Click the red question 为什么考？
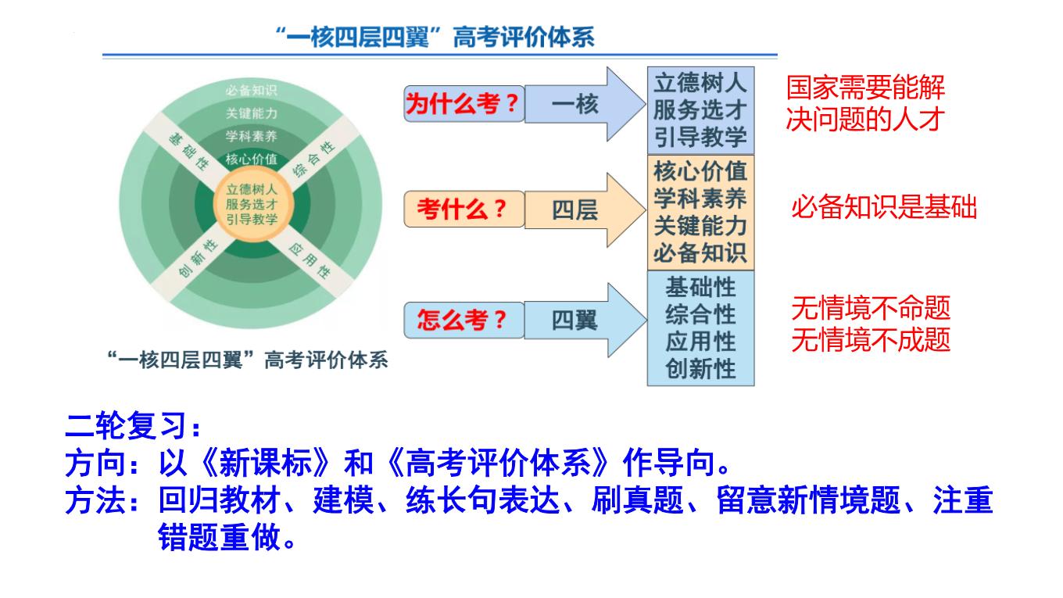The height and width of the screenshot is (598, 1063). [x=461, y=103]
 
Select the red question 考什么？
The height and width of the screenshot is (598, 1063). [x=461, y=209]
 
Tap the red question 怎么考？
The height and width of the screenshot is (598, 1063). [x=461, y=320]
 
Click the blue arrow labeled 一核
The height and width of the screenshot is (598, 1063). [x=585, y=104]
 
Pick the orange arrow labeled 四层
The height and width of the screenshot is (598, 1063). [x=585, y=209]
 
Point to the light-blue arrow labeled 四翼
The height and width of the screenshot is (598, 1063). [x=585, y=320]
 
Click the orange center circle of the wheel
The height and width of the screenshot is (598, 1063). [x=252, y=204]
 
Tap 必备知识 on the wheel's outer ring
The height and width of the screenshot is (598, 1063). [x=252, y=90]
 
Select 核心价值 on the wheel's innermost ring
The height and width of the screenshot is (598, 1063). [x=252, y=159]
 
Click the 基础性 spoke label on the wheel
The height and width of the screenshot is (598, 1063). [x=189, y=152]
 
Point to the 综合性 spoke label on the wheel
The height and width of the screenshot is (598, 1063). [x=313, y=159]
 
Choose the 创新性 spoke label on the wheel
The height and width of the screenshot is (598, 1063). [x=199, y=258]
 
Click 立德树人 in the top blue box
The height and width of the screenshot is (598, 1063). [x=700, y=84]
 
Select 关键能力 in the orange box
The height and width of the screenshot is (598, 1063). [x=700, y=225]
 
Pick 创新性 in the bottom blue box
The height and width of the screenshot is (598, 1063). [x=700, y=369]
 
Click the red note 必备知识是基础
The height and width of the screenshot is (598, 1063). [x=884, y=207]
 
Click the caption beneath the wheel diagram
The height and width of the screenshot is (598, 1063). [x=248, y=360]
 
